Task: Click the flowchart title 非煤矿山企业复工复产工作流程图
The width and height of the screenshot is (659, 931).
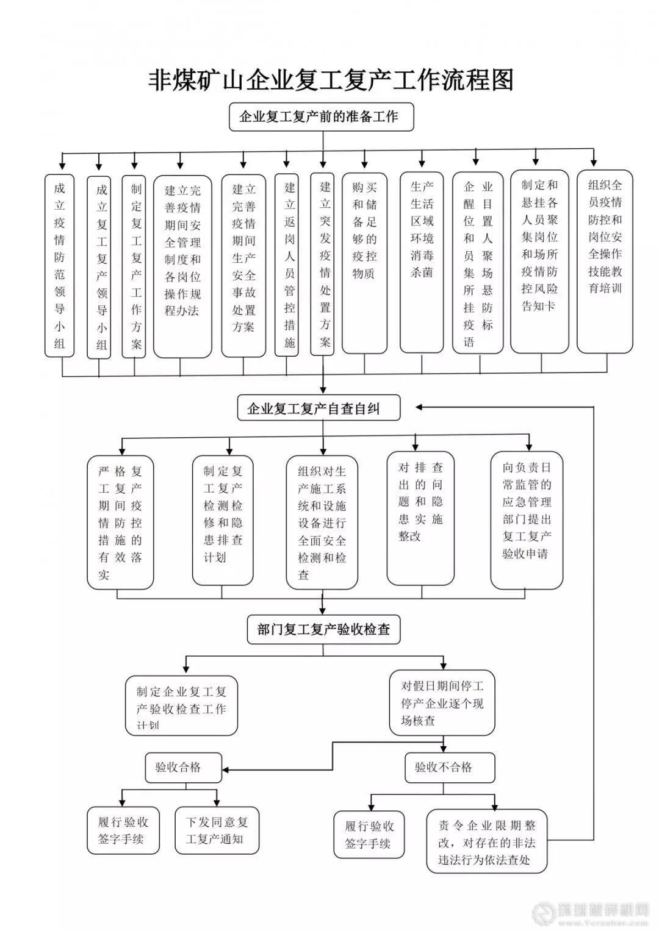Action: point(331,80)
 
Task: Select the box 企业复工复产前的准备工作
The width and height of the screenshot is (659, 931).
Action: point(321,116)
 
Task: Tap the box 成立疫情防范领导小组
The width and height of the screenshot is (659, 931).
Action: point(59,265)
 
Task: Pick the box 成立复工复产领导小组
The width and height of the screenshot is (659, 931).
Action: point(99,267)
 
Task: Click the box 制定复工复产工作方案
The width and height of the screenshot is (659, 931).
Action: point(135,267)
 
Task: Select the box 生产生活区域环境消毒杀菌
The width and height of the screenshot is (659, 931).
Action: point(422,262)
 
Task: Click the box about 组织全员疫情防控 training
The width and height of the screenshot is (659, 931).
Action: point(605,262)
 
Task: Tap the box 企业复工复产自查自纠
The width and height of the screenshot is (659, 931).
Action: point(319,408)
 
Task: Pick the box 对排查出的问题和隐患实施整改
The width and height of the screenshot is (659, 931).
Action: point(420,518)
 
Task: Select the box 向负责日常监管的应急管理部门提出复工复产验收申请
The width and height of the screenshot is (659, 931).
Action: point(527,519)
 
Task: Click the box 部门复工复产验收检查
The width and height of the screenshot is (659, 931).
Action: point(323,629)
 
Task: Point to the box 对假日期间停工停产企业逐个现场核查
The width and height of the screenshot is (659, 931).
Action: point(442,703)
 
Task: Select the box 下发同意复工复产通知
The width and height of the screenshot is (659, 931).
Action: point(217,830)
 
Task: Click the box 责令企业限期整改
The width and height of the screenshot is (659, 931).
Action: point(486,842)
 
